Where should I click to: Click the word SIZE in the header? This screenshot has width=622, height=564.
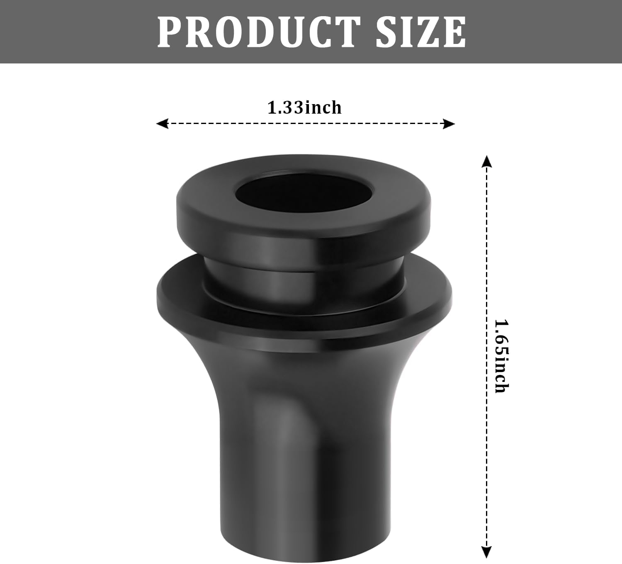420,32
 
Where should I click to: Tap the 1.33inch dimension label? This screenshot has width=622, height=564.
304,108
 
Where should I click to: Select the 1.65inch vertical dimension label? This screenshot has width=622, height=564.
501,356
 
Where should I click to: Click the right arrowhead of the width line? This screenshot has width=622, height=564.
449,124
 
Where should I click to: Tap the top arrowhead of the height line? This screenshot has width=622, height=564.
487,161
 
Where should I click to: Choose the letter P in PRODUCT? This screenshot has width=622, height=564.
171,32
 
